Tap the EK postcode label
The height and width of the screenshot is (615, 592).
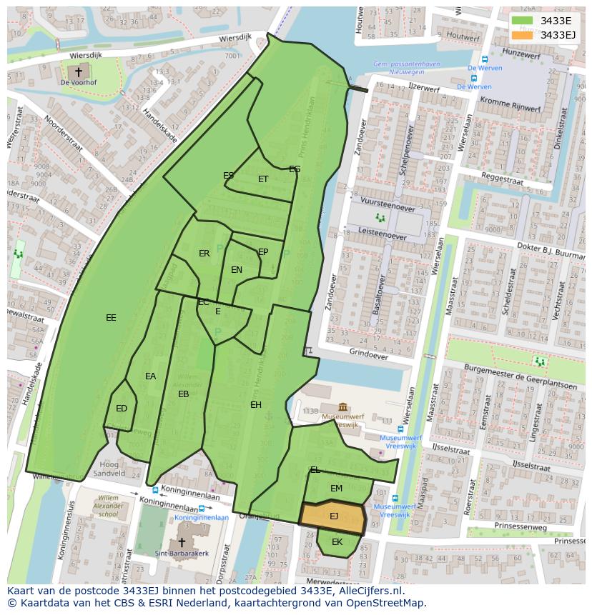pos(337,542)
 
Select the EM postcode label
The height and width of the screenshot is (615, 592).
pos(336,489)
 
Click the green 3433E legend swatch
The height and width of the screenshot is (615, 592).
pos(523,21)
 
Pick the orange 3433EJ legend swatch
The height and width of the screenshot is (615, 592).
pos(523,35)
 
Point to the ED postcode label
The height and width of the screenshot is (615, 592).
pos(122,409)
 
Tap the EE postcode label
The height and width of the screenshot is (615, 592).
pos(111,318)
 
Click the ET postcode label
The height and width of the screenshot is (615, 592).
pos(263,179)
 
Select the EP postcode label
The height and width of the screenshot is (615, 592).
pos(263,252)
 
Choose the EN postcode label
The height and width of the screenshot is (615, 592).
pos(237,270)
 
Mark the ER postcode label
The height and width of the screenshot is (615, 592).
pos(204,254)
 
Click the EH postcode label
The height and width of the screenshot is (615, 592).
pos(256,405)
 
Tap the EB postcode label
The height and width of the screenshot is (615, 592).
pos(184,394)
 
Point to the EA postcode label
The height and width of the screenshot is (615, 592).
pos(150,376)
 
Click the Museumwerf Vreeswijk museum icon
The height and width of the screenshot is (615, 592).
pos(342,406)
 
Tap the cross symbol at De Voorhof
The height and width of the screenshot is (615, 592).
pos(79,72)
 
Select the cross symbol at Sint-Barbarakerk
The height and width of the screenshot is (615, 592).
pos(182,542)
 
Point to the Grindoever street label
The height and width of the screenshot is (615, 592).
pos(369,354)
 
